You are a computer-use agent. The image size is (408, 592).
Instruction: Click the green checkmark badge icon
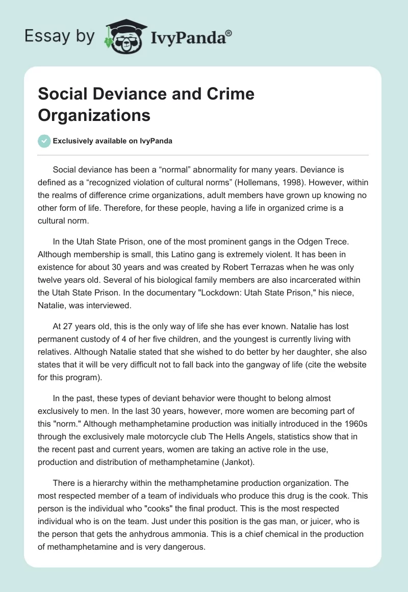click(44, 141)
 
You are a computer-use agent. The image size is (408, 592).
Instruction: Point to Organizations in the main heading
click(94, 115)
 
